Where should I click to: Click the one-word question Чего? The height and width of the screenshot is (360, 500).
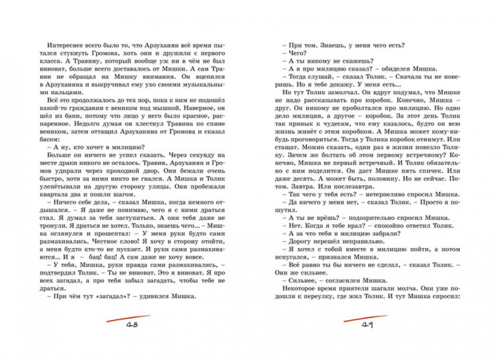click(x=293, y=51)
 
